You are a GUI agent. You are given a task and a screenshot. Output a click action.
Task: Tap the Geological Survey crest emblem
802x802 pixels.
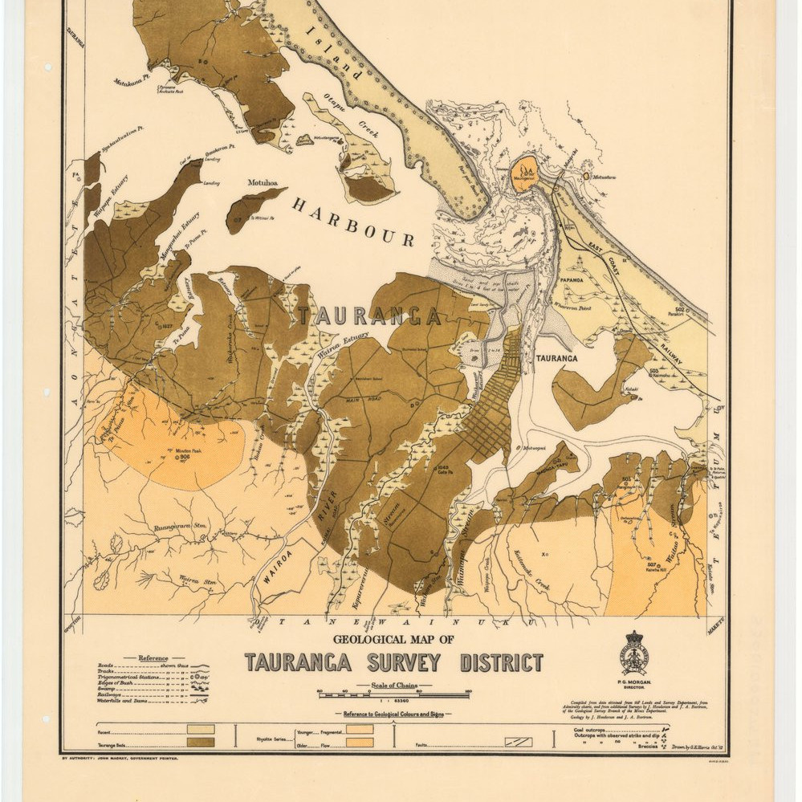[x=633, y=653]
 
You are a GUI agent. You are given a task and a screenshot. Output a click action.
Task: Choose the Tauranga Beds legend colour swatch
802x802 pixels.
[x=200, y=742]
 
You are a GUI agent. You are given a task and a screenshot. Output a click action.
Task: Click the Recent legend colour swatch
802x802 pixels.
[x=200, y=729]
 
